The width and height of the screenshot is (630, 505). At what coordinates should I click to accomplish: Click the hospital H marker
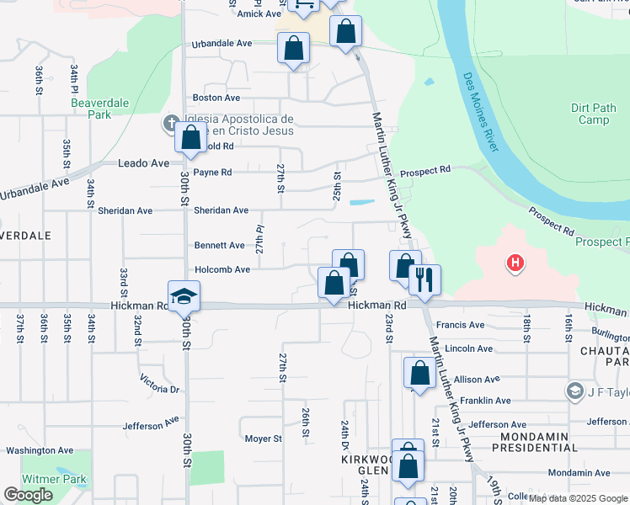coord(515,264)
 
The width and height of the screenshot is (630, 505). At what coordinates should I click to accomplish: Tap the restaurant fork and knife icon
coord(424,281)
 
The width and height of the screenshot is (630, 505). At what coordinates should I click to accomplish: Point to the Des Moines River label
coord(481,112)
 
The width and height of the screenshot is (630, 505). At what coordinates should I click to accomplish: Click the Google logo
coord(29,495)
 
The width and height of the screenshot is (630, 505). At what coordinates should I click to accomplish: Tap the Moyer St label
coord(263,439)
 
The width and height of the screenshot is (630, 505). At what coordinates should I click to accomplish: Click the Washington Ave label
coord(35,450)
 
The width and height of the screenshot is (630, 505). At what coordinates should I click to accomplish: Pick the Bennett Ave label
coord(219,246)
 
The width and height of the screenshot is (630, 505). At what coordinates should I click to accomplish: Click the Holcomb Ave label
coord(223,269)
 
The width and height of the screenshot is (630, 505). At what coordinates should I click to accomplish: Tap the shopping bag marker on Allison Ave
coord(419,373)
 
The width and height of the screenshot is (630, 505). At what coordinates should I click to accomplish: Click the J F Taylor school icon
coord(574,391)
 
